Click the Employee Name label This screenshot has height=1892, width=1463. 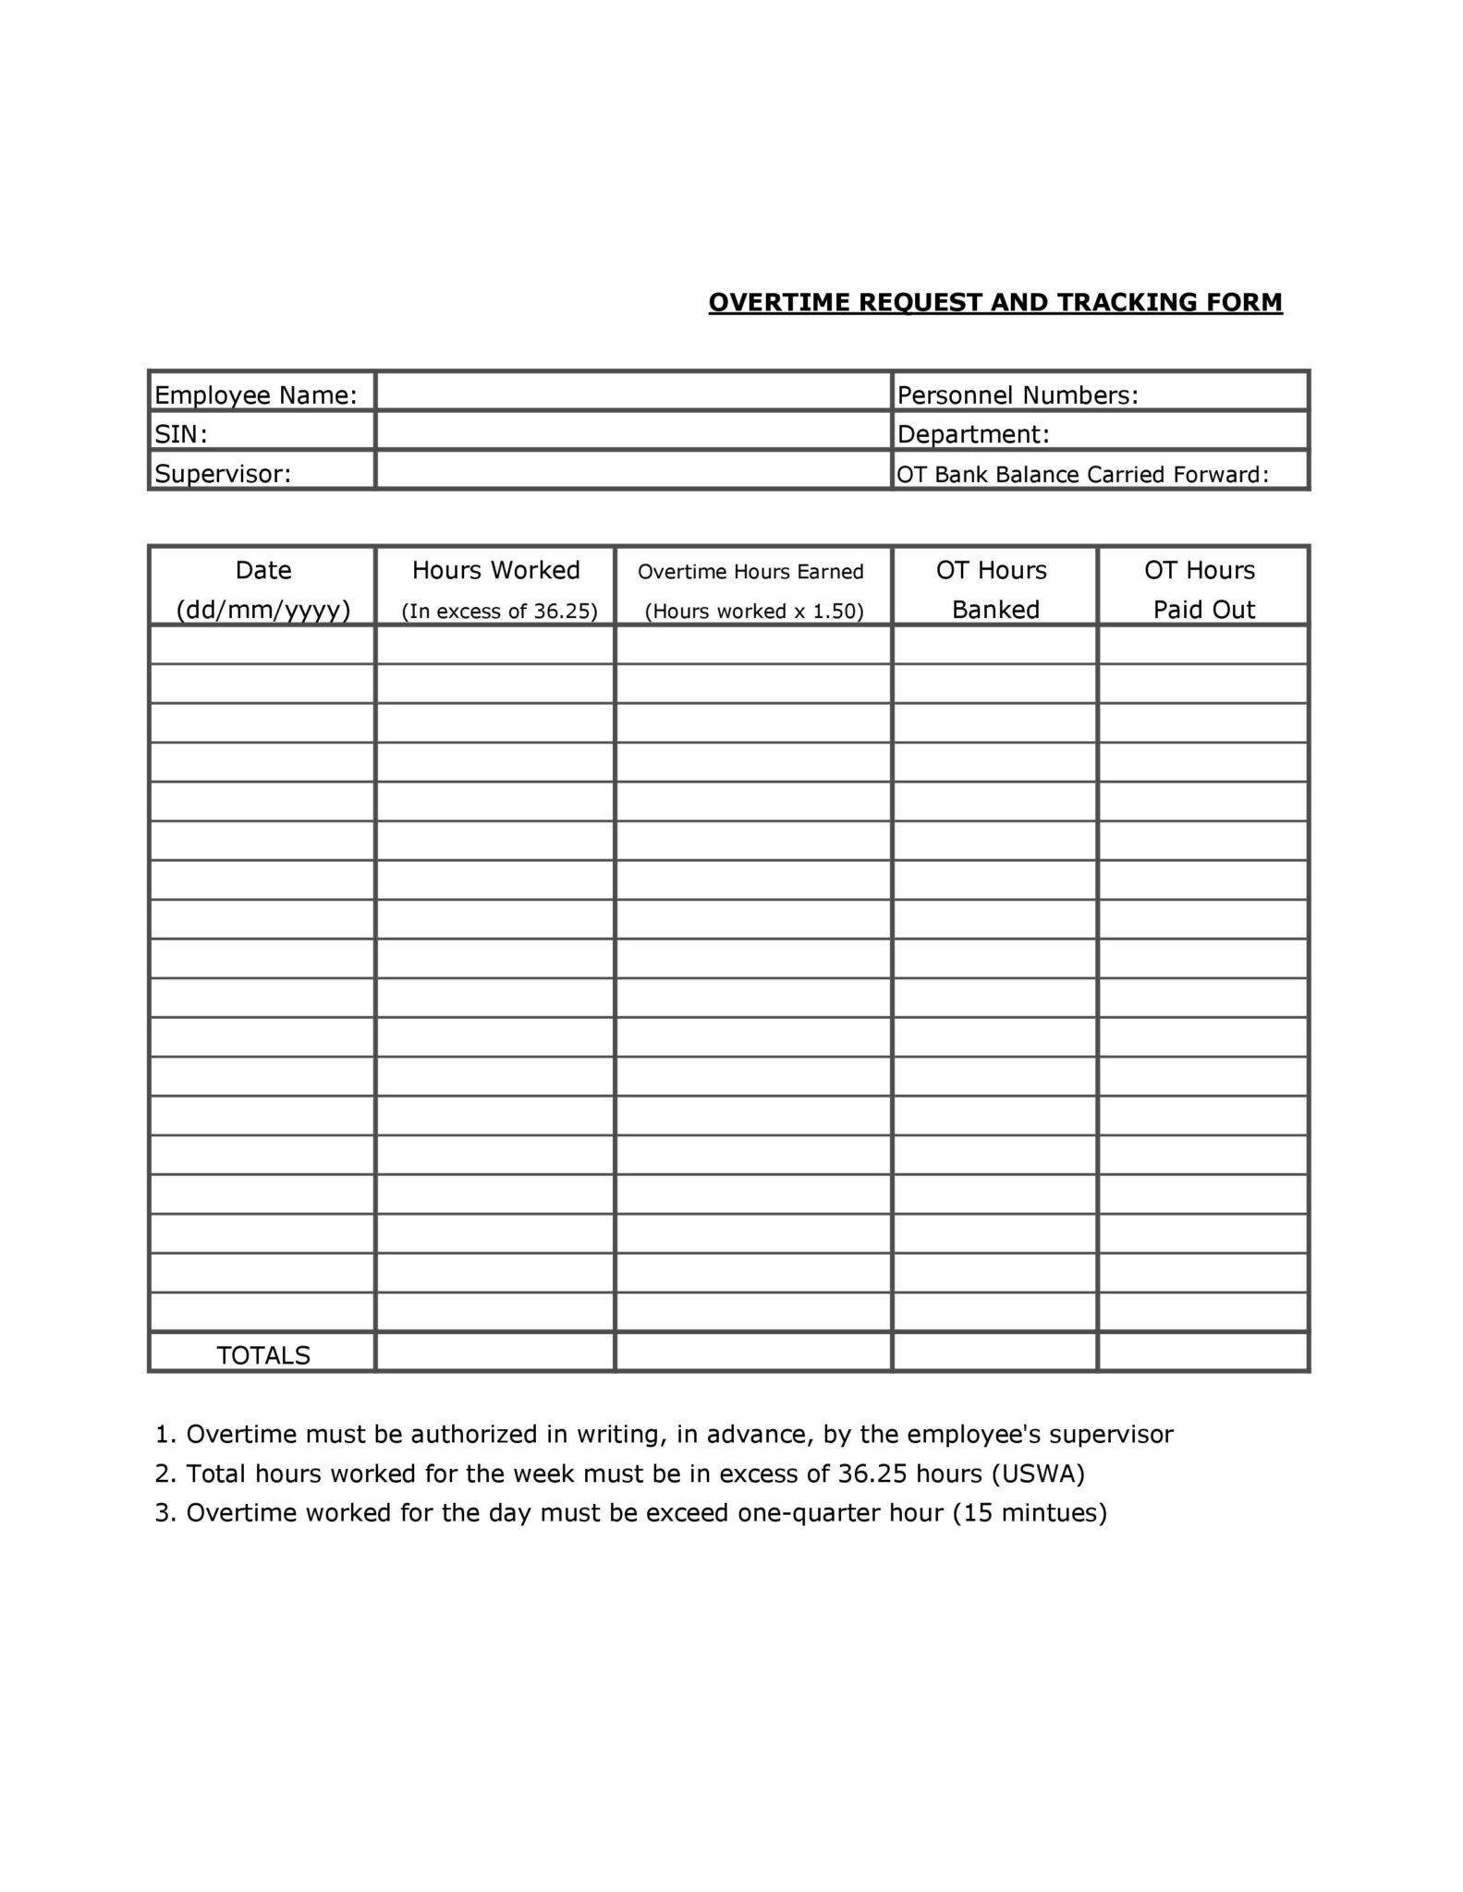[x=255, y=395]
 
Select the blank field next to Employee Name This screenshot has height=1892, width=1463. [x=633, y=392]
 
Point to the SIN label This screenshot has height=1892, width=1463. [x=180, y=434]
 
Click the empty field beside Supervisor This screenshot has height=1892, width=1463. [x=633, y=470]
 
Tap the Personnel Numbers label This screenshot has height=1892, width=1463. [x=1018, y=395]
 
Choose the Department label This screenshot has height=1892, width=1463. [x=973, y=434]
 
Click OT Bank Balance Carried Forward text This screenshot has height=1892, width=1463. [x=1082, y=475]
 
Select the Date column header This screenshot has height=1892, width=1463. [x=263, y=570]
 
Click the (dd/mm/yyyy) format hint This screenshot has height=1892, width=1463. [x=263, y=610]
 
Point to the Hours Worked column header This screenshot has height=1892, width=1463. [x=495, y=570]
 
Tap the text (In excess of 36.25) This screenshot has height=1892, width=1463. [x=499, y=611]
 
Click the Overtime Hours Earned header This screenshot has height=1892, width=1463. [x=750, y=572]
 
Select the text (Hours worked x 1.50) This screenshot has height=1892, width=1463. [x=753, y=611]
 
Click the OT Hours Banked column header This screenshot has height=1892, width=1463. [x=994, y=589]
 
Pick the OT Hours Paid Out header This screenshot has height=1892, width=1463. [x=1201, y=589]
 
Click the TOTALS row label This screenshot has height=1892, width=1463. [x=263, y=1355]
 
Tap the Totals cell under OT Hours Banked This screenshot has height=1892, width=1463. [x=994, y=1352]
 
